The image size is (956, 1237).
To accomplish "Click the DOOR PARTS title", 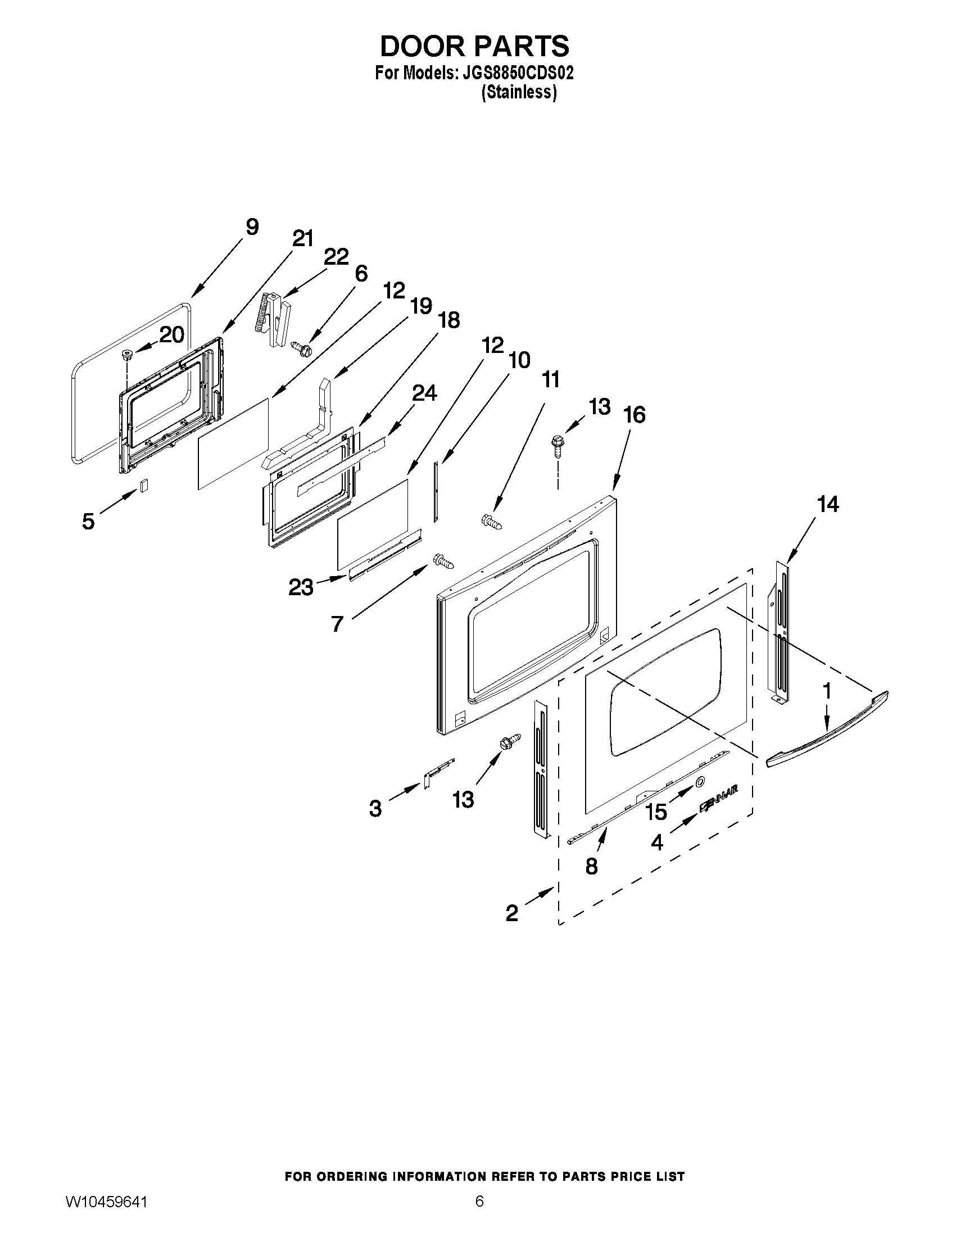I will click(x=474, y=47).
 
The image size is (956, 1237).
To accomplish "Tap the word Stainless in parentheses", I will click(x=519, y=92).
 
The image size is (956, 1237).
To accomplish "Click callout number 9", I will click(x=252, y=227).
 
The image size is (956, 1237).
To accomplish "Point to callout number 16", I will click(x=635, y=415).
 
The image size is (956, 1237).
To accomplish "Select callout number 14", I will click(x=827, y=504).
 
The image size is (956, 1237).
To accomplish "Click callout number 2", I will click(x=511, y=913).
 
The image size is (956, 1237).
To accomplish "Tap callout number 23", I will click(x=301, y=587).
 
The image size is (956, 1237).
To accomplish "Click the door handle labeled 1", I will click(x=827, y=730).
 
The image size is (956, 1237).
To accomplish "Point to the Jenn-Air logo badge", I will click(x=718, y=804).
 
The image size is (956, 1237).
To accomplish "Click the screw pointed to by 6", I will click(x=298, y=347).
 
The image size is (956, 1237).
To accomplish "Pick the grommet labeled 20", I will click(x=126, y=356).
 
